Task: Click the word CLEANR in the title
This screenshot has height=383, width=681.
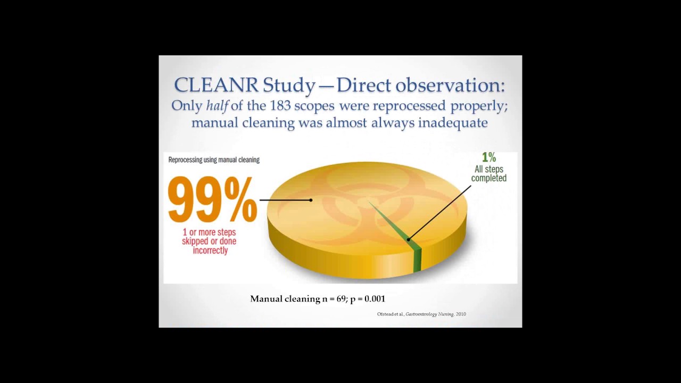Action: pos(216,85)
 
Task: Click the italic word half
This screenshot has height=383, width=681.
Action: pos(217,105)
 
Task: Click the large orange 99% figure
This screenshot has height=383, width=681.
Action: pos(212,201)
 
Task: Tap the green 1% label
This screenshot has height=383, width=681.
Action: pos(488,157)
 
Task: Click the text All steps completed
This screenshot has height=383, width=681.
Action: pos(488,174)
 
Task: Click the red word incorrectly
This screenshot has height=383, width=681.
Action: pos(210,251)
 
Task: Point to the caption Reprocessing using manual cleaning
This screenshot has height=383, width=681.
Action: pos(214,160)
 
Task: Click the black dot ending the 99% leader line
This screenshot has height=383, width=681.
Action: pos(311,200)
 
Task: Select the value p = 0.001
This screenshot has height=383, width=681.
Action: pos(368,299)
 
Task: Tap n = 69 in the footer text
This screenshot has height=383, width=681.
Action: pos(334,299)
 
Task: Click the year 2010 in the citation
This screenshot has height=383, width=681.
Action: pos(461,314)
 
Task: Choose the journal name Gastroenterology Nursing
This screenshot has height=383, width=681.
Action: pos(429,314)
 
